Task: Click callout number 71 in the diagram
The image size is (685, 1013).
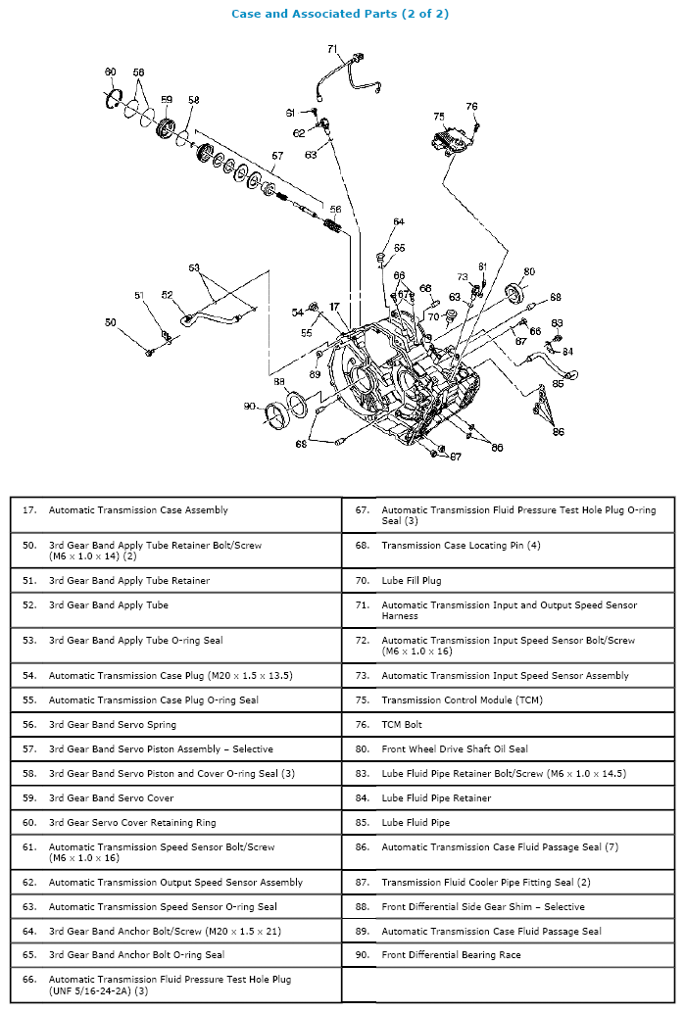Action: pyautogui.click(x=332, y=49)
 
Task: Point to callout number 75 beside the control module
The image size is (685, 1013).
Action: pyautogui.click(x=438, y=117)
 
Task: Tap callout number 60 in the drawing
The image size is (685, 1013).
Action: pyautogui.click(x=111, y=72)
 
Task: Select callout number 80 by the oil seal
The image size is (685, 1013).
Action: pyautogui.click(x=529, y=271)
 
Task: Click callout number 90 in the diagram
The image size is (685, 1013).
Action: pyautogui.click(x=249, y=406)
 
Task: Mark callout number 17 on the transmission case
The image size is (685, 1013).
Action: pyautogui.click(x=334, y=307)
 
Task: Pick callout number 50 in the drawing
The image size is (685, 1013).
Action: pyautogui.click(x=111, y=322)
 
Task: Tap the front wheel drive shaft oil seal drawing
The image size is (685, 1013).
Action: pyautogui.click(x=514, y=292)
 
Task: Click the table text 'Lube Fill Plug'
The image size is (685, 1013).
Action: pyautogui.click(x=411, y=581)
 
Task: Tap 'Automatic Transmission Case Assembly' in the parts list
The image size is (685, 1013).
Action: pyautogui.click(x=138, y=510)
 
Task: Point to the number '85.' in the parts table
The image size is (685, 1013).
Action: pyautogui.click(x=362, y=823)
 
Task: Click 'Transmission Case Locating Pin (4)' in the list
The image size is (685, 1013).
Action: pyautogui.click(x=461, y=546)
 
